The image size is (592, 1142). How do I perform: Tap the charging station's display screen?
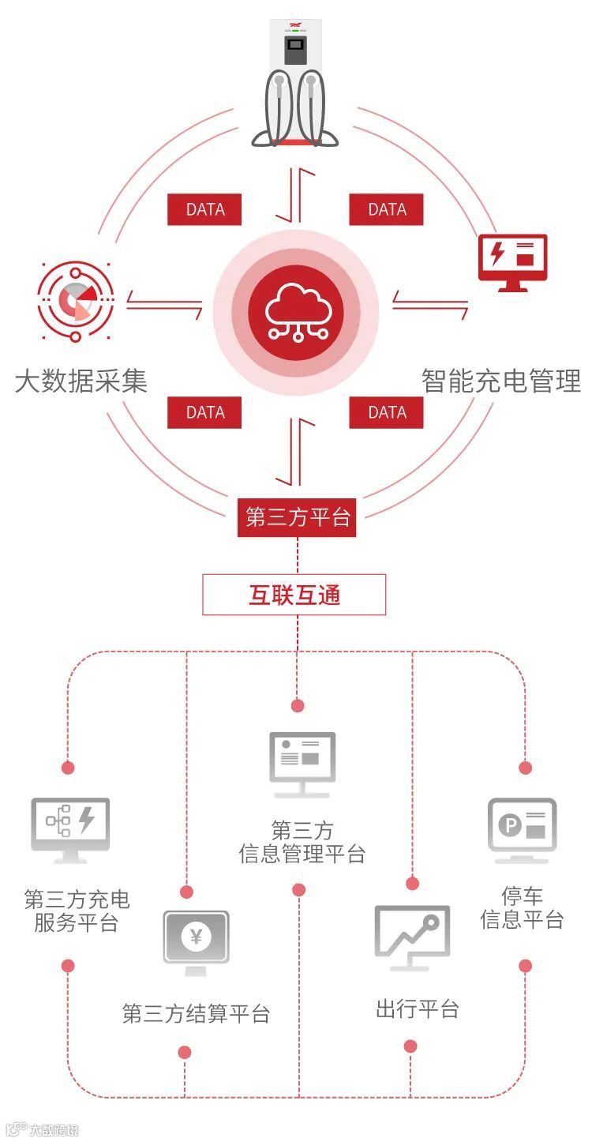point(295,52)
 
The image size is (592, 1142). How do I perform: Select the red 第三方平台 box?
point(297,518)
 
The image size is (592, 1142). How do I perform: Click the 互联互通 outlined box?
point(294,595)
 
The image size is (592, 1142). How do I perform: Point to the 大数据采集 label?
point(81,382)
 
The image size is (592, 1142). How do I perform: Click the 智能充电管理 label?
point(501,382)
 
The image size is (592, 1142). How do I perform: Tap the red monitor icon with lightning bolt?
point(512,261)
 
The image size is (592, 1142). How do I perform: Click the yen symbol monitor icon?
point(196,938)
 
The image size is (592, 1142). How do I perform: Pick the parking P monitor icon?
point(522,828)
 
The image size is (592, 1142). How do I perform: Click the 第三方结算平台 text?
point(196,1013)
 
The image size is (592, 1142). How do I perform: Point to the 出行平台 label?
point(417,1009)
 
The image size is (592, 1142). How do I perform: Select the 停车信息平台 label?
point(522,907)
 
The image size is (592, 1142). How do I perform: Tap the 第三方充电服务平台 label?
point(77,911)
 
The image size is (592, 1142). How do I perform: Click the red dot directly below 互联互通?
point(298,705)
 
